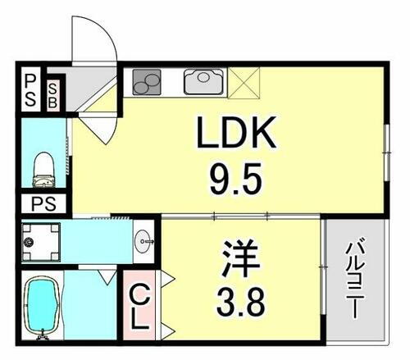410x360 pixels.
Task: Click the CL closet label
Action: (x=139, y=306)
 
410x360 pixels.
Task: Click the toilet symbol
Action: (x=43, y=168)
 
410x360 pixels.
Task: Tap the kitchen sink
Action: (x=202, y=80)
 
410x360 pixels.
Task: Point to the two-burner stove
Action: (x=148, y=80)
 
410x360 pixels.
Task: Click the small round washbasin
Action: (x=144, y=240)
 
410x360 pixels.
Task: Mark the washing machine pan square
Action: (x=39, y=240)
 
